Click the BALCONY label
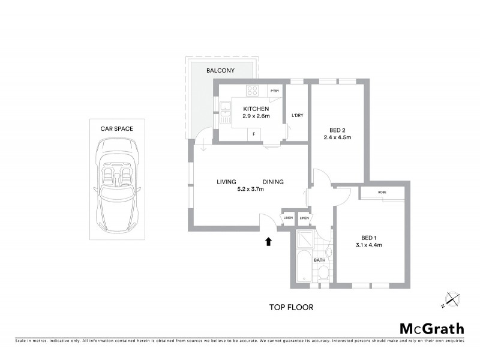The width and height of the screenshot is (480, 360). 220,71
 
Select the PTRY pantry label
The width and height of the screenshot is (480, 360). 275,91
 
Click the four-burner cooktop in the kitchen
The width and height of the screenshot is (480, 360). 253,91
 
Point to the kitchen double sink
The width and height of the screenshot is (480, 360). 225,112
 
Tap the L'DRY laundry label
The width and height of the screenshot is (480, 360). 297,115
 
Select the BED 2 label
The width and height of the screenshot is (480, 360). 337,130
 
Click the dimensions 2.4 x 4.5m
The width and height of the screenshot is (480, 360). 337,137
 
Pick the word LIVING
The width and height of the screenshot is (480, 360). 226,182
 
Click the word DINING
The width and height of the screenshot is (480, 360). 273,182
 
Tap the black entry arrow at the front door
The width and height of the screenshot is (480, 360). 268,241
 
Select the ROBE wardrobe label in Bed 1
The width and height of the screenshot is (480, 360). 382,192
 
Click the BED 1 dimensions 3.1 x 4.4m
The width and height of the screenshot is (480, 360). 370,245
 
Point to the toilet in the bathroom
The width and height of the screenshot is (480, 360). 323,274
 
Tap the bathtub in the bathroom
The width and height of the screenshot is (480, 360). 304,268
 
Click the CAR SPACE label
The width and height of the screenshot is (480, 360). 116,128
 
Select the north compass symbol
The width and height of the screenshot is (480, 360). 452,299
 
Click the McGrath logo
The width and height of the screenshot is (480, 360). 431,328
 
